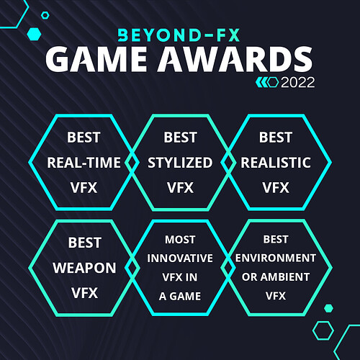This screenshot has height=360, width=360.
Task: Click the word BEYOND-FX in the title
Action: [179, 35]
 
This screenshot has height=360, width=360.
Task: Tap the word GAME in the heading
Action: [96, 59]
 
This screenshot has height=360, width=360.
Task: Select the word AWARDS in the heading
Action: [235, 59]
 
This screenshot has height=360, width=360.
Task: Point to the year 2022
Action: [298, 83]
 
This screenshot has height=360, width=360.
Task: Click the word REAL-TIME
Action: [84, 163]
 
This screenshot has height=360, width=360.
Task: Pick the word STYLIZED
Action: [180, 163]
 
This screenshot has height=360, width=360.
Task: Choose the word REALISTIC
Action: [276, 163]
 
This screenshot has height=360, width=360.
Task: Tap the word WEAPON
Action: [84, 268]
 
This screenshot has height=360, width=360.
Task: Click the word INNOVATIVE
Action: [180, 258]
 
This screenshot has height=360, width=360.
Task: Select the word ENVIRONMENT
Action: [276, 258]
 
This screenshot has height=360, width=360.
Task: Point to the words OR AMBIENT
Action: [276, 277]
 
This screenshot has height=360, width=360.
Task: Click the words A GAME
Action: [180, 296]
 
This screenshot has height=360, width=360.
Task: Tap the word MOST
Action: [180, 240]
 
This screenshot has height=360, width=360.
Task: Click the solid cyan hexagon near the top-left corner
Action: [35, 34]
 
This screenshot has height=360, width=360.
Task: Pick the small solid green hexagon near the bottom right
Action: [328, 308]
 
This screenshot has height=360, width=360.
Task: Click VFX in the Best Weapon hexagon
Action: [84, 293]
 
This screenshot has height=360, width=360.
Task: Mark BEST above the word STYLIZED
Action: [180, 138]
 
